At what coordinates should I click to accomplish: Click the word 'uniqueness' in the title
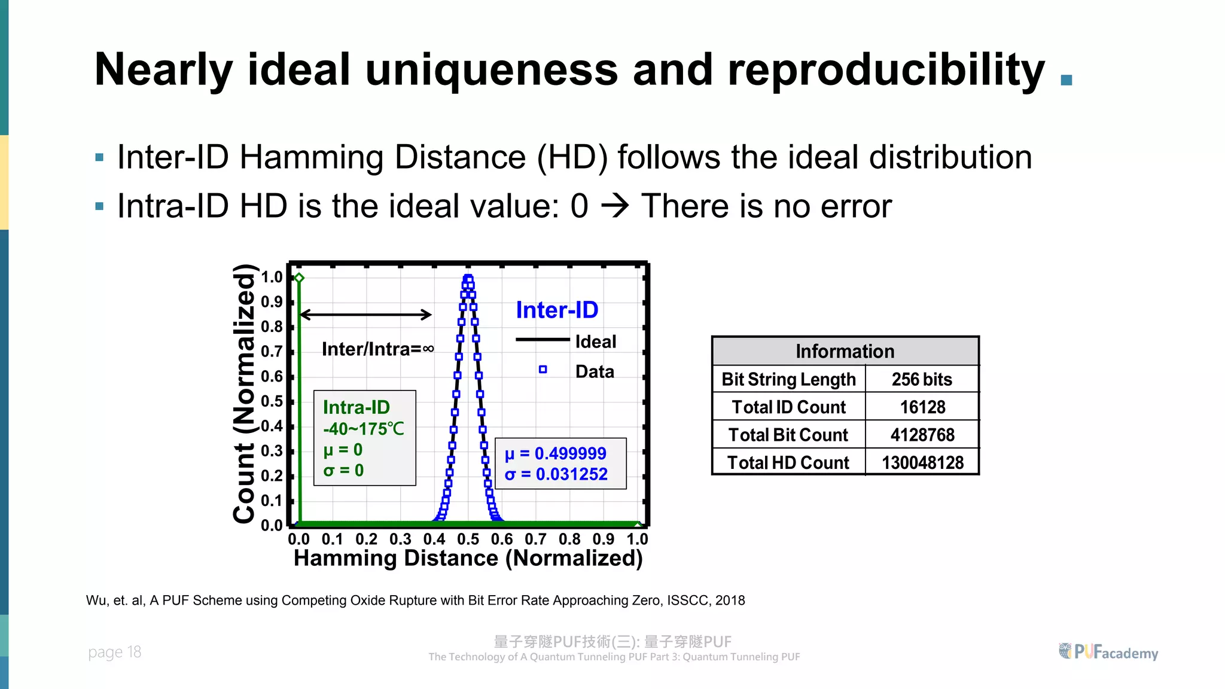point(491,70)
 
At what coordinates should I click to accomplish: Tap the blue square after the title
point(1066,80)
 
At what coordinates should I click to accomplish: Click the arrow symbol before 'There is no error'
point(615,206)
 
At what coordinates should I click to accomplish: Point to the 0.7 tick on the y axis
point(272,352)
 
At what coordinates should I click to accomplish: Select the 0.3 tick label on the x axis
point(400,539)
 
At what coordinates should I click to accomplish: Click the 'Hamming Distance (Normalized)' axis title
point(468,558)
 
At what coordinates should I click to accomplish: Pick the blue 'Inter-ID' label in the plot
point(557,310)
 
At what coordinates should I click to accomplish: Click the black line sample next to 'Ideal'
point(542,340)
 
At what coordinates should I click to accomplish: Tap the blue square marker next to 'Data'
point(543,370)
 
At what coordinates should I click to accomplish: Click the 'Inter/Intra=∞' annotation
point(377,349)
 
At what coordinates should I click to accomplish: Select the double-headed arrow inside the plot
point(365,315)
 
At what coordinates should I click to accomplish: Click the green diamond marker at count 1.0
point(300,278)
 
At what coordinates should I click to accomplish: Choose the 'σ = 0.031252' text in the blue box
point(556,474)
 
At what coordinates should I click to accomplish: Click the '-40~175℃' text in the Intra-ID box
point(364,429)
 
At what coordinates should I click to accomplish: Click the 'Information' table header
point(845,351)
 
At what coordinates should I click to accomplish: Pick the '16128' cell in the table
point(922,407)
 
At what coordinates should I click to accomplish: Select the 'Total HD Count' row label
point(788,462)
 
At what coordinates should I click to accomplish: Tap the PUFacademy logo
point(1108,652)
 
